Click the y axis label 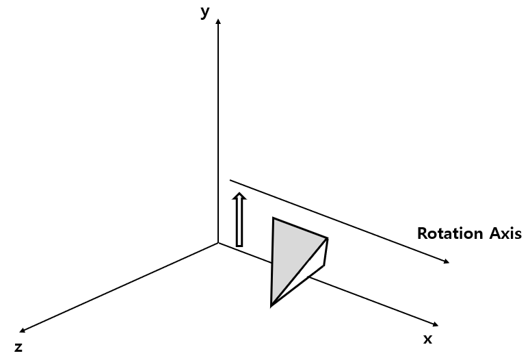(204, 12)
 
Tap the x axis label (427, 339)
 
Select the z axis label (18, 347)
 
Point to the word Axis (505, 233)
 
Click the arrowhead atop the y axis (218, 23)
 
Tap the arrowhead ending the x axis (434, 323)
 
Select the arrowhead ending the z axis (24, 330)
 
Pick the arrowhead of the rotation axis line (446, 261)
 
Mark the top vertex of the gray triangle (274, 218)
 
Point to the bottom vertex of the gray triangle (271, 305)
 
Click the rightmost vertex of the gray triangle (328, 239)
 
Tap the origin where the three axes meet (218, 243)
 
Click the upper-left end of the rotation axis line (230, 181)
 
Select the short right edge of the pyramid (326, 251)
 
